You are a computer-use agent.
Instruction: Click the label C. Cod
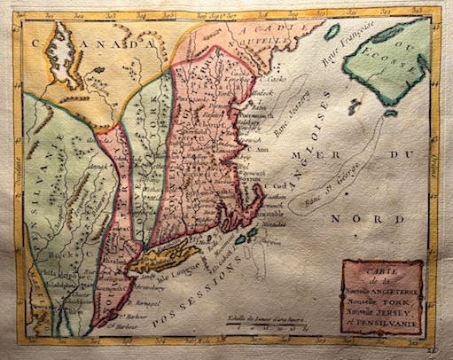click(x=271, y=186)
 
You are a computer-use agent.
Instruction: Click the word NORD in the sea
click(x=378, y=218)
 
